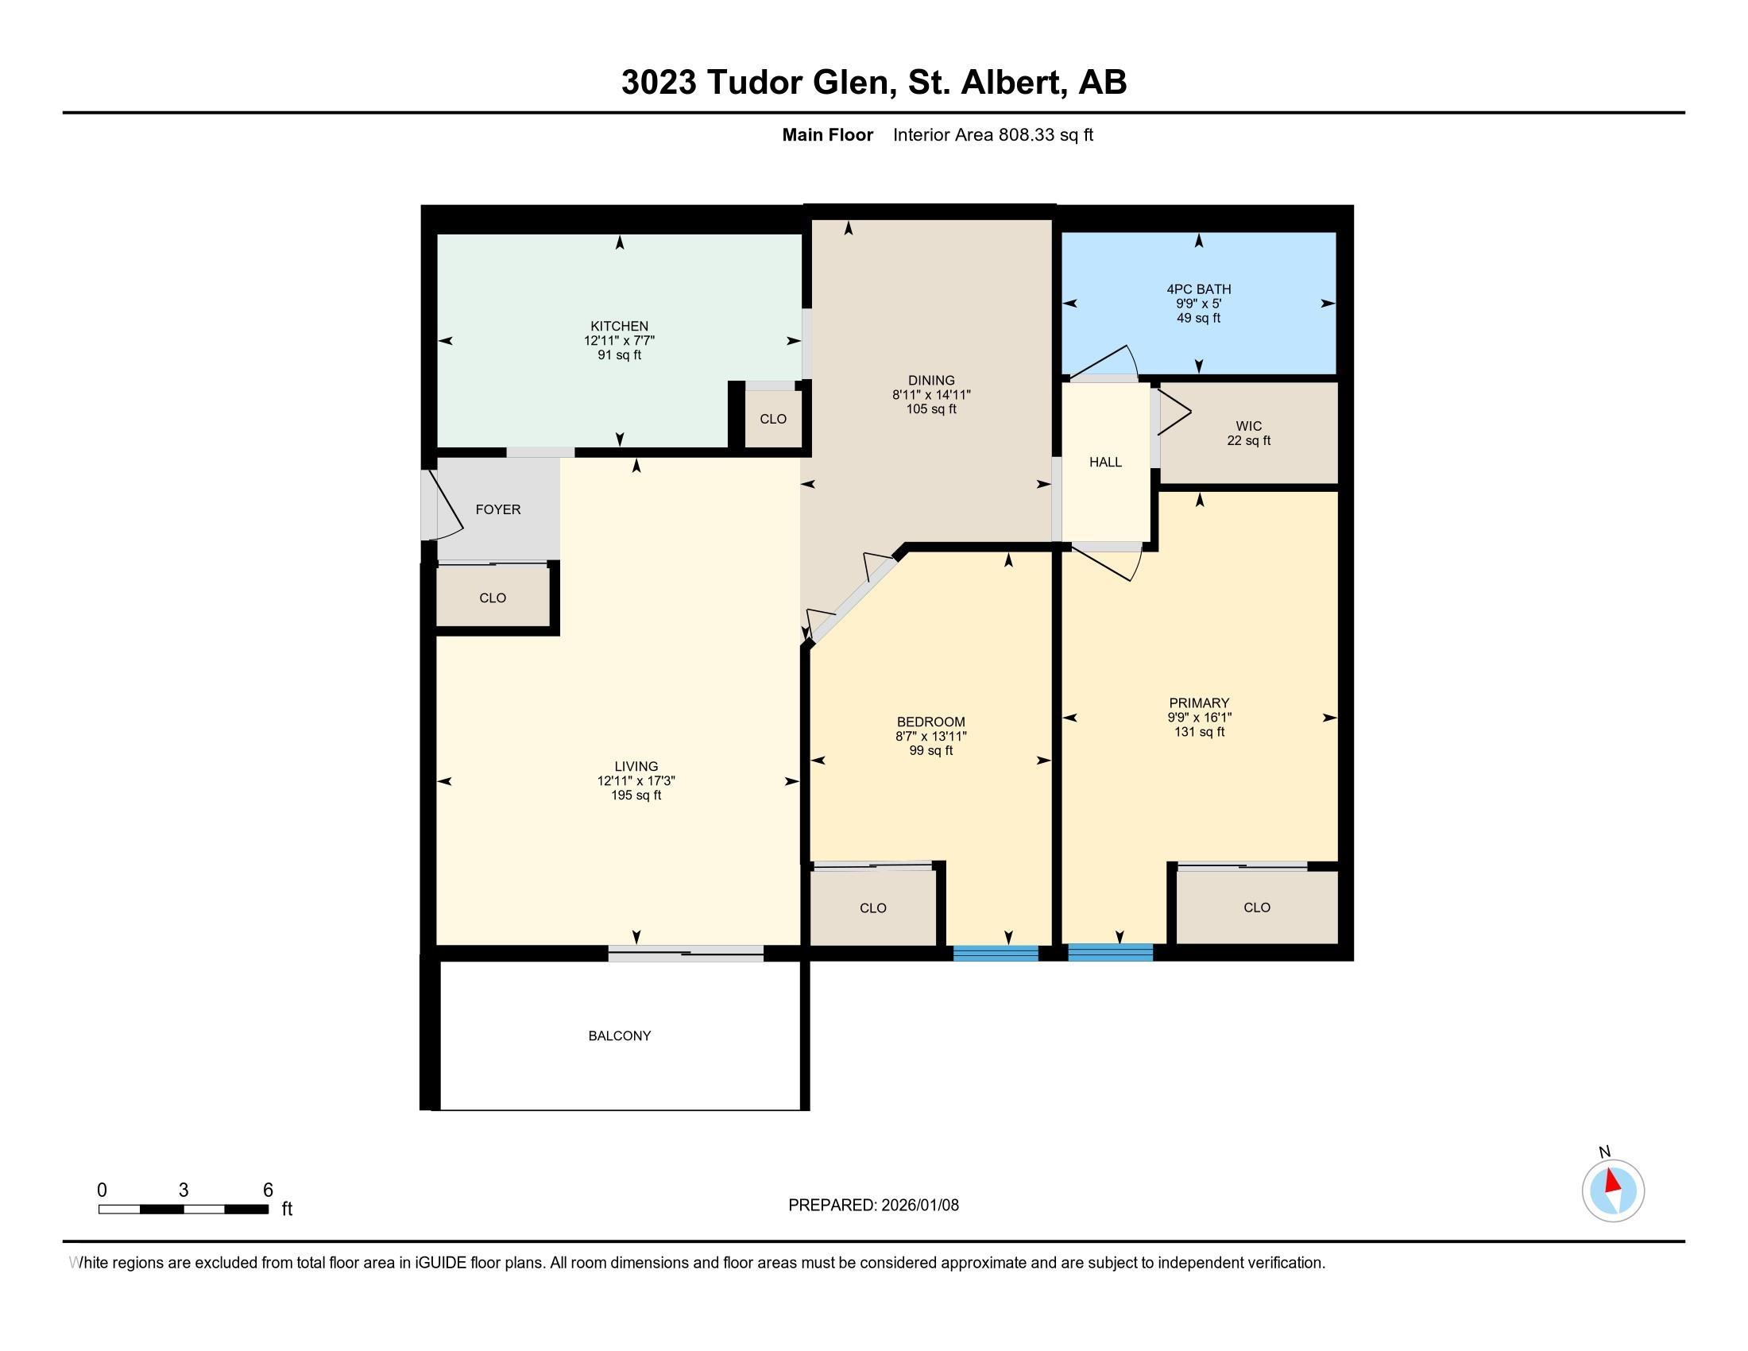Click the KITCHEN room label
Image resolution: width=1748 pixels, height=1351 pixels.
pos(619,326)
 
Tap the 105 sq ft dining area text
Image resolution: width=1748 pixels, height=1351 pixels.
pos(931,409)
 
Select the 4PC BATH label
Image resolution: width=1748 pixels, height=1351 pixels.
pos(1198,289)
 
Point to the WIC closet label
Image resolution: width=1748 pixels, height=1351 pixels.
pos(1248,426)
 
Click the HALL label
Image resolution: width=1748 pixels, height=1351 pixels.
pos(1105,462)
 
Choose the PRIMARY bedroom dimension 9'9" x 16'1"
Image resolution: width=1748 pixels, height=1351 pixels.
pos(1198,717)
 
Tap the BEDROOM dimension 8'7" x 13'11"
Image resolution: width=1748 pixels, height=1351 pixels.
pos(931,737)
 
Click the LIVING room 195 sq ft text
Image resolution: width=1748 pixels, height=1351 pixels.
pos(636,796)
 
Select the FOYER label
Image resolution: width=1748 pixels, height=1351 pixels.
pos(498,509)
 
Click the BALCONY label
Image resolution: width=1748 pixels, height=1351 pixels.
pos(620,1036)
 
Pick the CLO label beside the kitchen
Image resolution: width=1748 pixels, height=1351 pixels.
pos(773,419)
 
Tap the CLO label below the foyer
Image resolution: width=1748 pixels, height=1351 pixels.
pos(493,598)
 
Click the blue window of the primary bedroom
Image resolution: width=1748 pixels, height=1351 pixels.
pos(1110,952)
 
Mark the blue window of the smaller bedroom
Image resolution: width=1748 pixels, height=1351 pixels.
pos(995,952)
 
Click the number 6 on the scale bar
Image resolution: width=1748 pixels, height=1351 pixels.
pos(268,1190)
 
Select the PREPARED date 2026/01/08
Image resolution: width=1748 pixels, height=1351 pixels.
pos(918,1206)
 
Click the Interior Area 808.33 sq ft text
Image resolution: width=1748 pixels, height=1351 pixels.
pos(992,135)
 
